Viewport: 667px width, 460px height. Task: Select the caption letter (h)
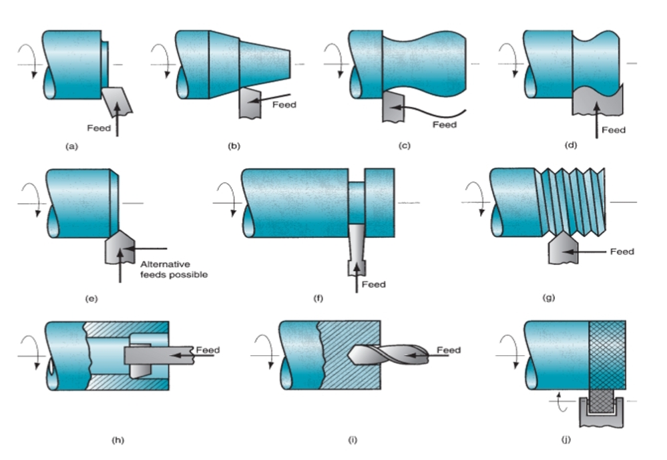point(118,440)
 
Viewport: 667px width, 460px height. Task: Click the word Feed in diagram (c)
point(444,125)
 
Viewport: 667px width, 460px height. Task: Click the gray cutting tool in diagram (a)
point(118,100)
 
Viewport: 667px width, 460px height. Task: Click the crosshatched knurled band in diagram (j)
point(607,353)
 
